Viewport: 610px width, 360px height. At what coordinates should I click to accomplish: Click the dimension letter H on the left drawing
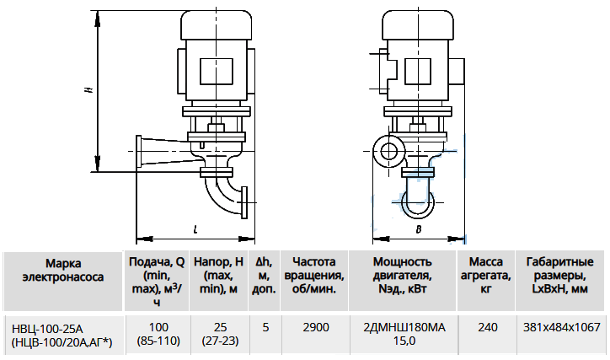(x=89, y=89)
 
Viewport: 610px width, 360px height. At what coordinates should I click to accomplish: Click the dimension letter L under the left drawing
(x=195, y=229)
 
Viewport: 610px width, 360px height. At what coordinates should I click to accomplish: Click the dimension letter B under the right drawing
(x=419, y=229)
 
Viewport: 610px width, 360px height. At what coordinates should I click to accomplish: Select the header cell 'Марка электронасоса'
(x=63, y=281)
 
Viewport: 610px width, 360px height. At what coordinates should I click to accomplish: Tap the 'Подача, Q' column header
(x=157, y=281)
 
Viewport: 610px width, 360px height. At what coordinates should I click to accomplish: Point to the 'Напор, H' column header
(x=218, y=281)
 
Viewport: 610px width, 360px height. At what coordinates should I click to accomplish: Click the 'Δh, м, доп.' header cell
(x=265, y=281)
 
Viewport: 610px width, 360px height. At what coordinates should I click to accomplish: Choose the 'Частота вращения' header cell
(x=314, y=281)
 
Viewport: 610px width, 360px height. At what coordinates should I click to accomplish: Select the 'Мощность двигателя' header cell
(x=403, y=281)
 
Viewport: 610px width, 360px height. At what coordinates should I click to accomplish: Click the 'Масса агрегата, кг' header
(x=486, y=281)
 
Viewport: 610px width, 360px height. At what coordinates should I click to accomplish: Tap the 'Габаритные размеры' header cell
(x=560, y=281)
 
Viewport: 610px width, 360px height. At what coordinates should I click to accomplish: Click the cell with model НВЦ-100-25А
(x=63, y=335)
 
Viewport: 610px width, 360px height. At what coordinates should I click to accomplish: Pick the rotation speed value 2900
(x=316, y=327)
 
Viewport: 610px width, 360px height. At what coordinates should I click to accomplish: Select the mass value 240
(x=488, y=327)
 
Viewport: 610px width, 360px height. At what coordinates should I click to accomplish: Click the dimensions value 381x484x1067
(x=562, y=327)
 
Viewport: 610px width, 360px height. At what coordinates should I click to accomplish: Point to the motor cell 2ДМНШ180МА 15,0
(x=404, y=335)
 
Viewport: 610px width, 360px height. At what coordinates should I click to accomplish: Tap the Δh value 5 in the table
(x=265, y=327)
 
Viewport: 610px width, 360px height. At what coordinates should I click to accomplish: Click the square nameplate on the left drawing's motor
(x=217, y=71)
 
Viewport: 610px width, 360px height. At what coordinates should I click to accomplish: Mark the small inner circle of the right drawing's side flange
(x=388, y=151)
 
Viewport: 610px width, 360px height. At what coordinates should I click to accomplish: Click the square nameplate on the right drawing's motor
(x=418, y=71)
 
